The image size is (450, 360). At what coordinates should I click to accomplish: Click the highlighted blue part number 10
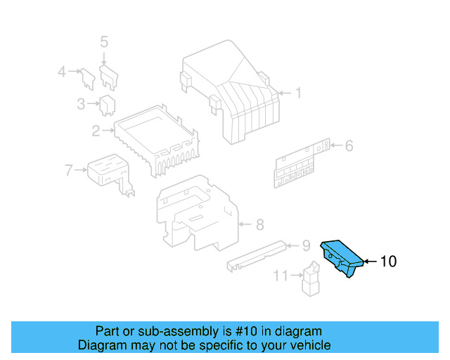click(342, 257)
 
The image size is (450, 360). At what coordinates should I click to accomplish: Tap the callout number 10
click(388, 262)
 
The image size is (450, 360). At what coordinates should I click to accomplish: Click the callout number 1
click(297, 93)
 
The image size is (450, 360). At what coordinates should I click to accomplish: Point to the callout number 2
click(96, 130)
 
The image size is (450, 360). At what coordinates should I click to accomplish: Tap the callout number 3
click(81, 105)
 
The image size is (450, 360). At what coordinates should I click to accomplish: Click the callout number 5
click(104, 42)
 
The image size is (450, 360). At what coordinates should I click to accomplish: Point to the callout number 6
click(349, 146)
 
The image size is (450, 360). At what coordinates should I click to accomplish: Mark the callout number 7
click(68, 169)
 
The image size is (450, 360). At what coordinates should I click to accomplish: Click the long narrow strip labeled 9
click(256, 255)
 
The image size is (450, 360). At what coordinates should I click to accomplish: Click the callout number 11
click(281, 276)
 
